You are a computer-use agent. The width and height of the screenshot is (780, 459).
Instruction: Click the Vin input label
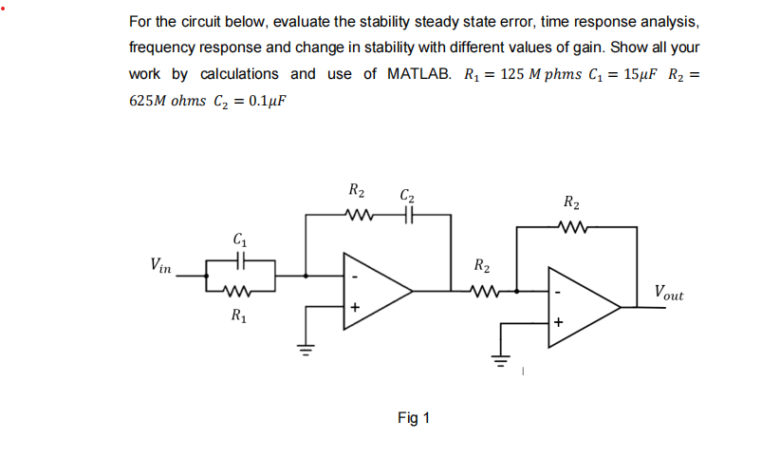160,265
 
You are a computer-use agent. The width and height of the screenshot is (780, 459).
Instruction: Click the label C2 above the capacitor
407,197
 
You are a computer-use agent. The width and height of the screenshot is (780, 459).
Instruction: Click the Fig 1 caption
414,418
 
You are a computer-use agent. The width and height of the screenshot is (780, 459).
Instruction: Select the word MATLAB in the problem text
419,74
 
